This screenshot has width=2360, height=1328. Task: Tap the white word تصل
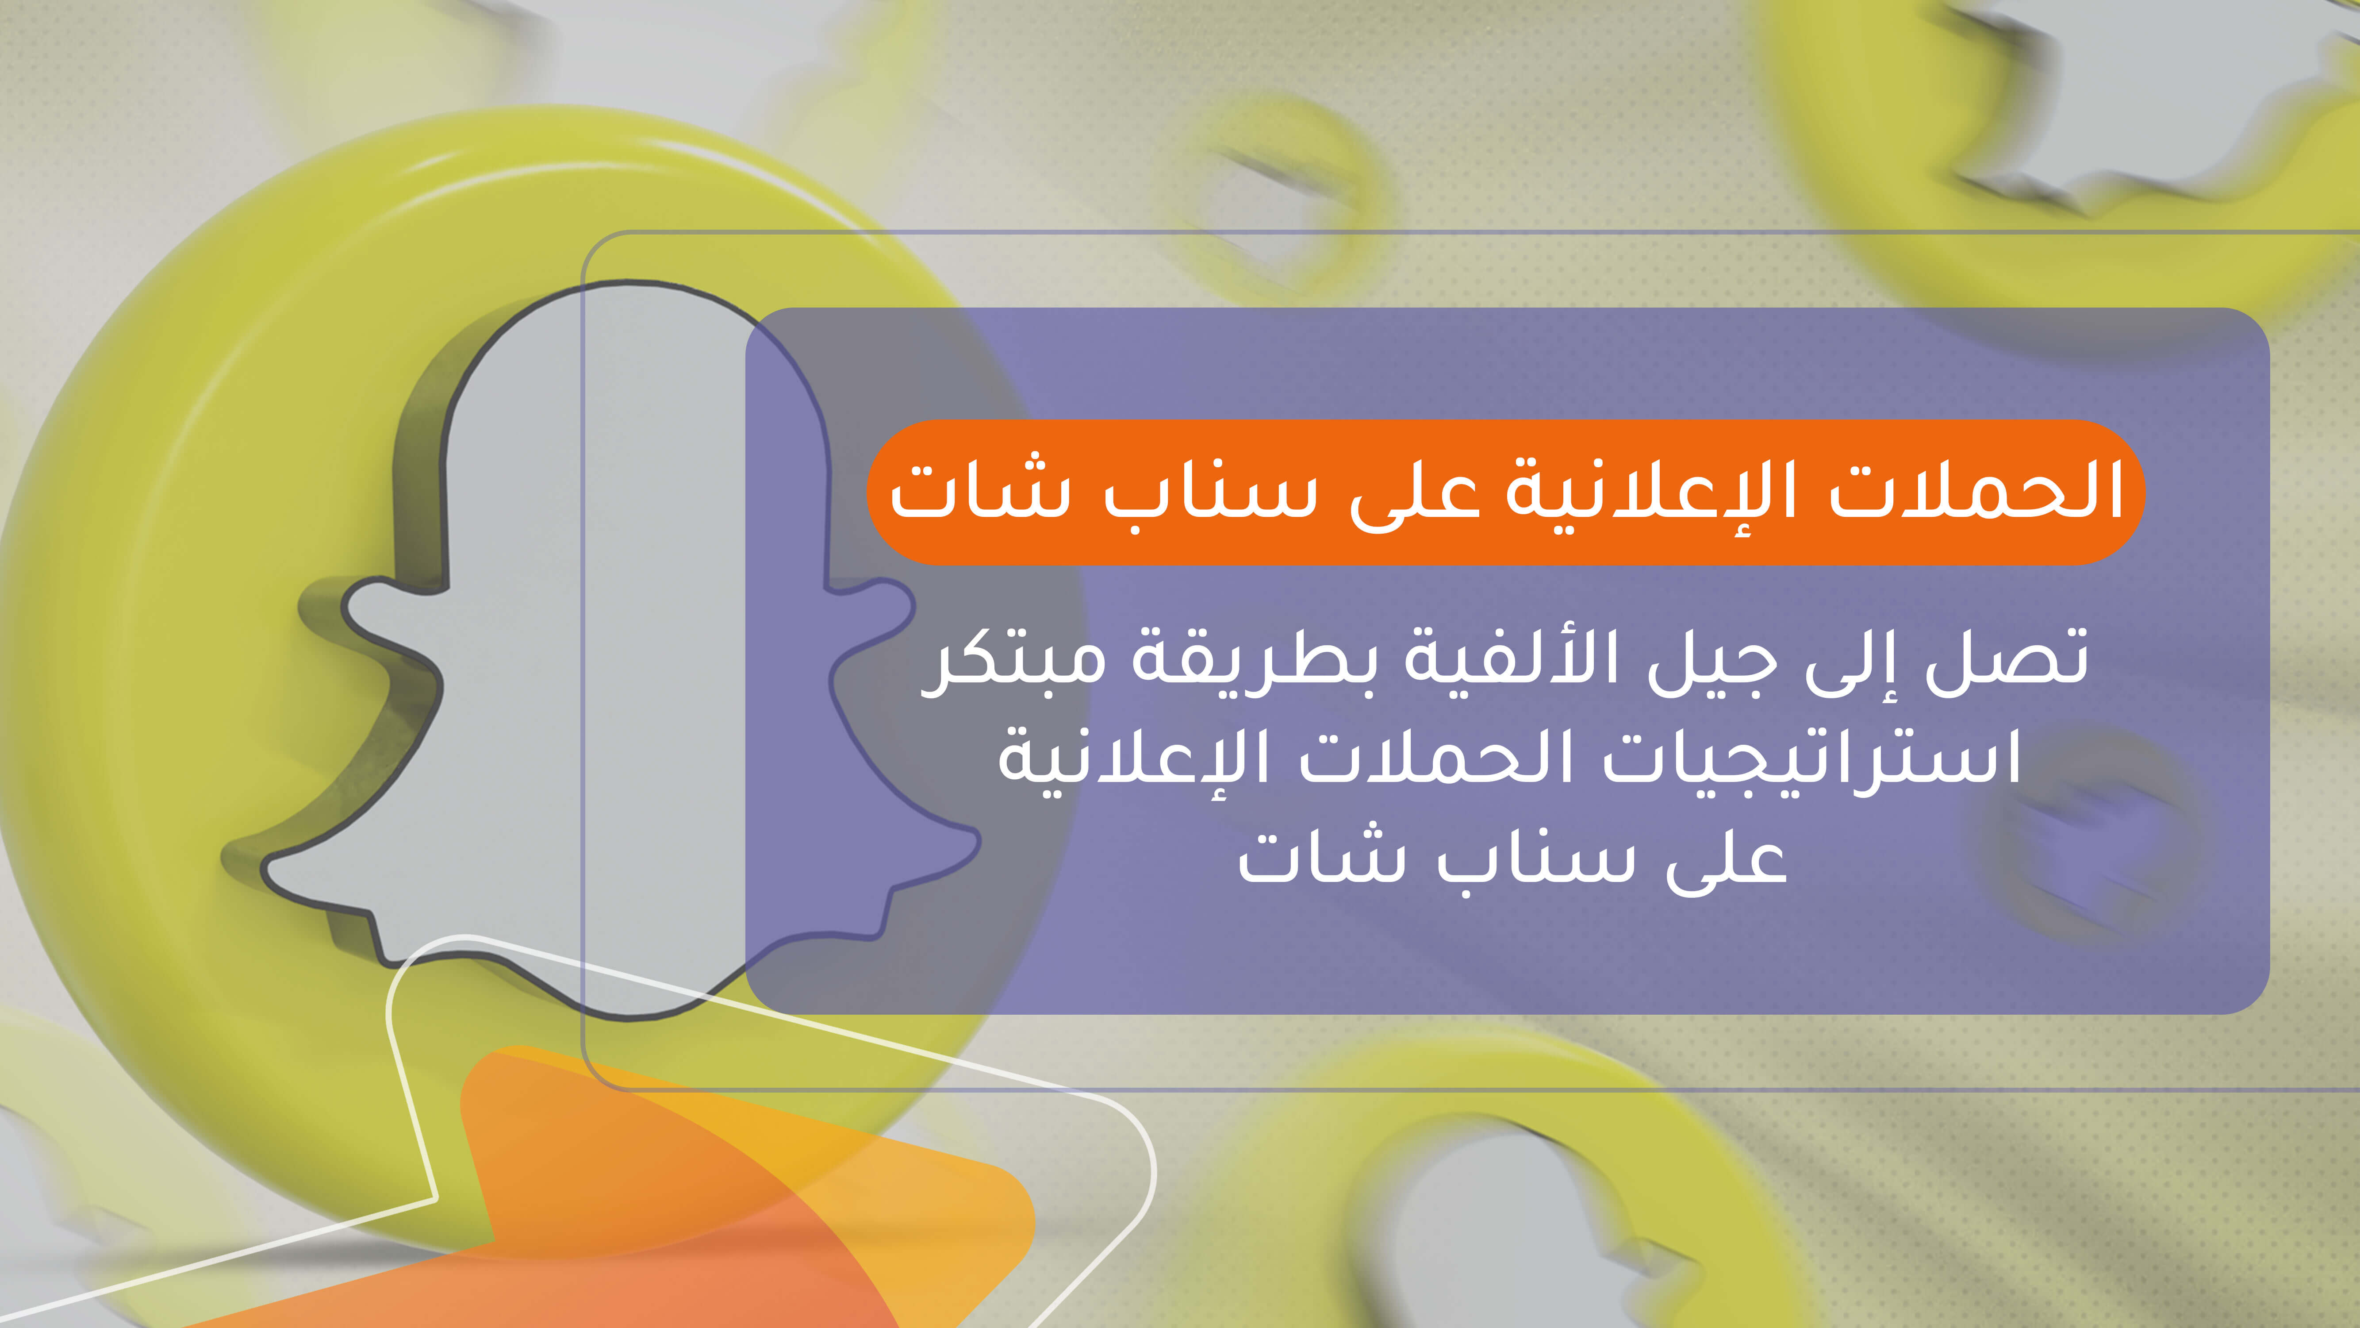coord(2007,658)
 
